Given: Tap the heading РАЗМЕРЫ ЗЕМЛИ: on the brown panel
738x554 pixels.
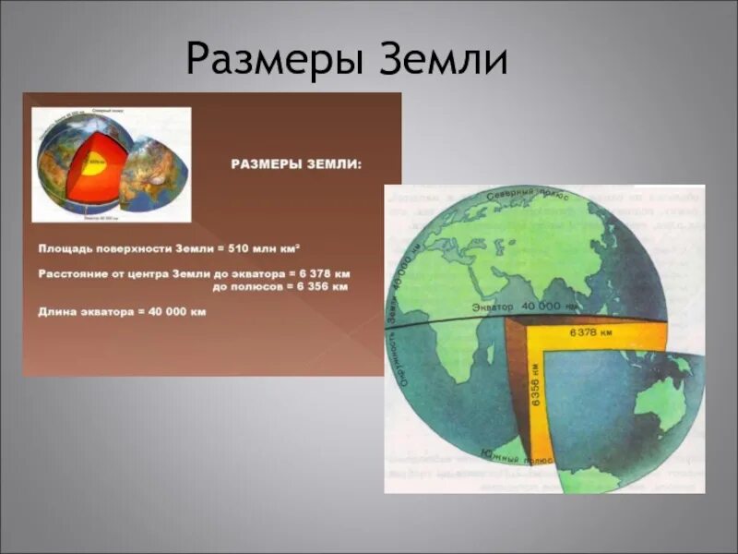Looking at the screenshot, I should point(296,164).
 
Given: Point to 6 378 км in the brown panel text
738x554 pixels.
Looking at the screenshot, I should point(323,274).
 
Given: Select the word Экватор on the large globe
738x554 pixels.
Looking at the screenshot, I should point(494,307).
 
